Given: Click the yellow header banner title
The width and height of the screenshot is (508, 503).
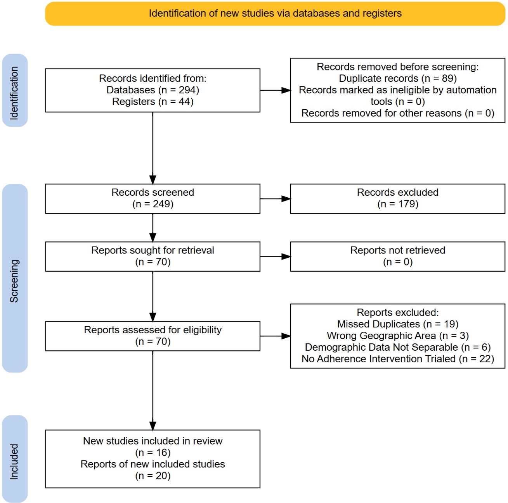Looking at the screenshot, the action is point(275,14).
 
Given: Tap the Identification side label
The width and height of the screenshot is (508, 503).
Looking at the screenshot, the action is point(14,93).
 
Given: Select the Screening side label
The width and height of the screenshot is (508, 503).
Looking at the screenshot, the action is point(14,281).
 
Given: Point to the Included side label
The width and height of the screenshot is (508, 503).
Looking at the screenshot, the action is point(14,462).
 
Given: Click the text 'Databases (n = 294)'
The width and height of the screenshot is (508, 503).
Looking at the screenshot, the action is point(153,90).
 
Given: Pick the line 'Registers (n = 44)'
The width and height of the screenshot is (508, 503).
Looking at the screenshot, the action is point(153,102).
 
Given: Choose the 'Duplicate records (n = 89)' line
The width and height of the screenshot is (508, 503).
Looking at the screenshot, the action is point(397,79).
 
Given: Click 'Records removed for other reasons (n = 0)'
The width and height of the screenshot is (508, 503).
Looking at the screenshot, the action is point(397,113).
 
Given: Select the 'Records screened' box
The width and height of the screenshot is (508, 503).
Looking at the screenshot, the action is point(153,198).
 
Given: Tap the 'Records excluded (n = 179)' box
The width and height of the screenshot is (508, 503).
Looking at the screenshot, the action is point(397,198).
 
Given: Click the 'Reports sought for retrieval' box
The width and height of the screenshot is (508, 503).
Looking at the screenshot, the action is point(153,257).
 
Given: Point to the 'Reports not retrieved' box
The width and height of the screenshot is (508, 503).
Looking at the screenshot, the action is point(397,257).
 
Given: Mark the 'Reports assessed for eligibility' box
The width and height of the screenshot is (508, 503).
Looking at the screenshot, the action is point(153,336).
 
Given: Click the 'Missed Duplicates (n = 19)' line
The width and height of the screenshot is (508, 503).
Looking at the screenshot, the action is point(397,324).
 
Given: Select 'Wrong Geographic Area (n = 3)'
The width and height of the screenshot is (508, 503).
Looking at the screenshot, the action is point(397,336).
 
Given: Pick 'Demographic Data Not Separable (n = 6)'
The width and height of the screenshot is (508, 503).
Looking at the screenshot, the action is point(397,347).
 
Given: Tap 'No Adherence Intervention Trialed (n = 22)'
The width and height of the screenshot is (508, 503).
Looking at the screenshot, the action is point(397,359).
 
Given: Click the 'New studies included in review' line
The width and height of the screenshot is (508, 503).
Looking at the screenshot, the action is point(153,441).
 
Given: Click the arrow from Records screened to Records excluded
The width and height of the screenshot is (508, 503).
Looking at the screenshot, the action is point(275,199).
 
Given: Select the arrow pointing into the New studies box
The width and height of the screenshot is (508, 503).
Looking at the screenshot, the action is point(153,391).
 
